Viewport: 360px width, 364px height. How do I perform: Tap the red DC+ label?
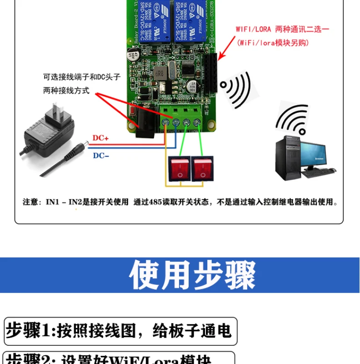tap(101, 138)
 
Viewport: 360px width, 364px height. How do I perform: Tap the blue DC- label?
tap(101, 156)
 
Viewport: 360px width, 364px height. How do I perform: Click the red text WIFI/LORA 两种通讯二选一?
tap(282, 29)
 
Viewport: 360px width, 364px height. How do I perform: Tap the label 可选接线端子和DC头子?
tap(82, 77)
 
